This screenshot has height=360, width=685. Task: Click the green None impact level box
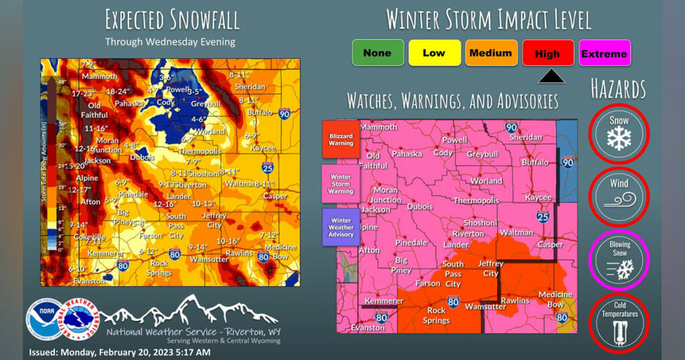coord(378,53)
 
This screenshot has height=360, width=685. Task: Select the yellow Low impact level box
coord(434,53)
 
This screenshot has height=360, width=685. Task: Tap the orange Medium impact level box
coord(491,53)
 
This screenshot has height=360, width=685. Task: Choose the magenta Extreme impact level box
coord(604,54)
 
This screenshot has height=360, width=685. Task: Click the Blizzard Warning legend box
coord(340,139)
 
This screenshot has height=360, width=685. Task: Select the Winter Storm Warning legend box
coord(340,183)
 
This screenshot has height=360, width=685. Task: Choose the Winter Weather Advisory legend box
coord(340,227)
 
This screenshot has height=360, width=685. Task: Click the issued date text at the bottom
coord(120,352)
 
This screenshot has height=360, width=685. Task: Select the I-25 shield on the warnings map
coord(543,217)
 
